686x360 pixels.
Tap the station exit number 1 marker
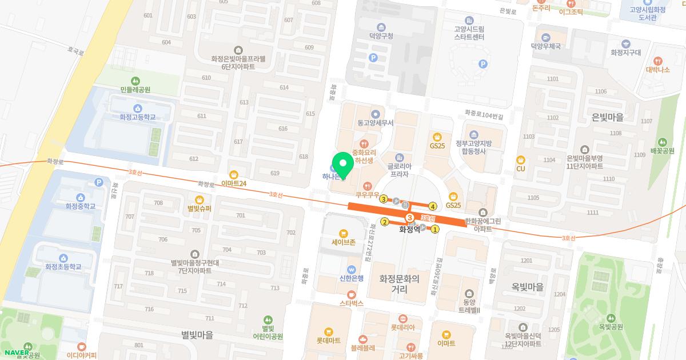point(434,230)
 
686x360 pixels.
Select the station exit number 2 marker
point(385,222)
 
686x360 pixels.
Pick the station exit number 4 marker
point(433,206)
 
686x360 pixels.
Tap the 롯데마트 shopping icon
point(328,331)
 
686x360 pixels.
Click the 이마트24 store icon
point(233,174)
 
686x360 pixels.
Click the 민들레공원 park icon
point(135,81)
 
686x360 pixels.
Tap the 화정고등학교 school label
point(137,117)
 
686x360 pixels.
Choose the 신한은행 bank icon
point(352,269)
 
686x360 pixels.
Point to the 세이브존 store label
point(344,242)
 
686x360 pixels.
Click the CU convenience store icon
point(520,160)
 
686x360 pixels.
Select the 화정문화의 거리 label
point(399,285)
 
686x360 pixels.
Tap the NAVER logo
point(16,353)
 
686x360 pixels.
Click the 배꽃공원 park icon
point(662,142)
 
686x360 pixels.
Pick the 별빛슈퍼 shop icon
point(200,199)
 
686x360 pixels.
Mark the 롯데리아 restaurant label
point(402,327)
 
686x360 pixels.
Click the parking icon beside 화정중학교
point(98,182)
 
